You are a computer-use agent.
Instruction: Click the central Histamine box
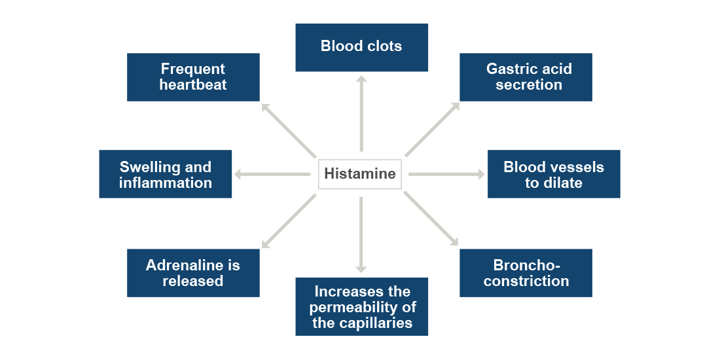[360, 174]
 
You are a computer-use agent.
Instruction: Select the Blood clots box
[361, 47]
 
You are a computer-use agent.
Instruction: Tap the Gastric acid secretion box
[526, 77]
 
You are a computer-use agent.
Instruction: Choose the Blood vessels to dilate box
[554, 174]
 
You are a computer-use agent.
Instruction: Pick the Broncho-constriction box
[526, 273]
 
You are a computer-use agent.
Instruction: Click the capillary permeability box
[361, 306]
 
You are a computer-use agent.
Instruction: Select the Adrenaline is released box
[193, 273]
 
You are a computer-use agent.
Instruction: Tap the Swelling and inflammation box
[166, 174]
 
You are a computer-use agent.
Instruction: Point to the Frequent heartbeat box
[193, 77]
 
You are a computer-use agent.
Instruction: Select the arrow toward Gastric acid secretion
[432, 130]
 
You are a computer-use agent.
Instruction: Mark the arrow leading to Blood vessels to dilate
[446, 174]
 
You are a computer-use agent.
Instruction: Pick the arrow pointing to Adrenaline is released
[289, 221]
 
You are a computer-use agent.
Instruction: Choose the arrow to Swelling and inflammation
[272, 174]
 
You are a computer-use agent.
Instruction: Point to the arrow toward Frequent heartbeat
[289, 130]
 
